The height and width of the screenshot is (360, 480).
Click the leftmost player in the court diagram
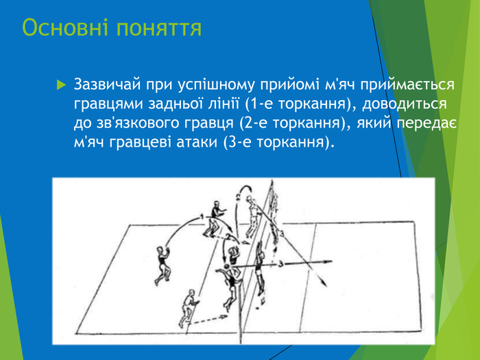click(x=163, y=263)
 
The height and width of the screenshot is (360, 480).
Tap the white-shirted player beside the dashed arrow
click(x=187, y=308)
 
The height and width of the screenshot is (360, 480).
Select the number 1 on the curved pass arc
click(x=202, y=217)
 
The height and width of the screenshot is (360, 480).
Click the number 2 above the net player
click(x=237, y=197)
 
